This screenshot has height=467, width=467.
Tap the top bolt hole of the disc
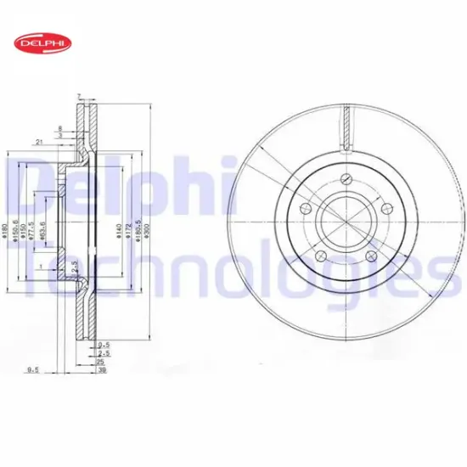coord(346,178)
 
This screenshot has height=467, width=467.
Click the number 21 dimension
coord(40,141)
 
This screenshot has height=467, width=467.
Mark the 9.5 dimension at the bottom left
coord(33,369)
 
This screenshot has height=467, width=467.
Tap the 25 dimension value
coord(100,360)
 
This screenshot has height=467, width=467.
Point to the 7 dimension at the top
coord(78,97)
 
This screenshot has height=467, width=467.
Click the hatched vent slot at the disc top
coord(346,126)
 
